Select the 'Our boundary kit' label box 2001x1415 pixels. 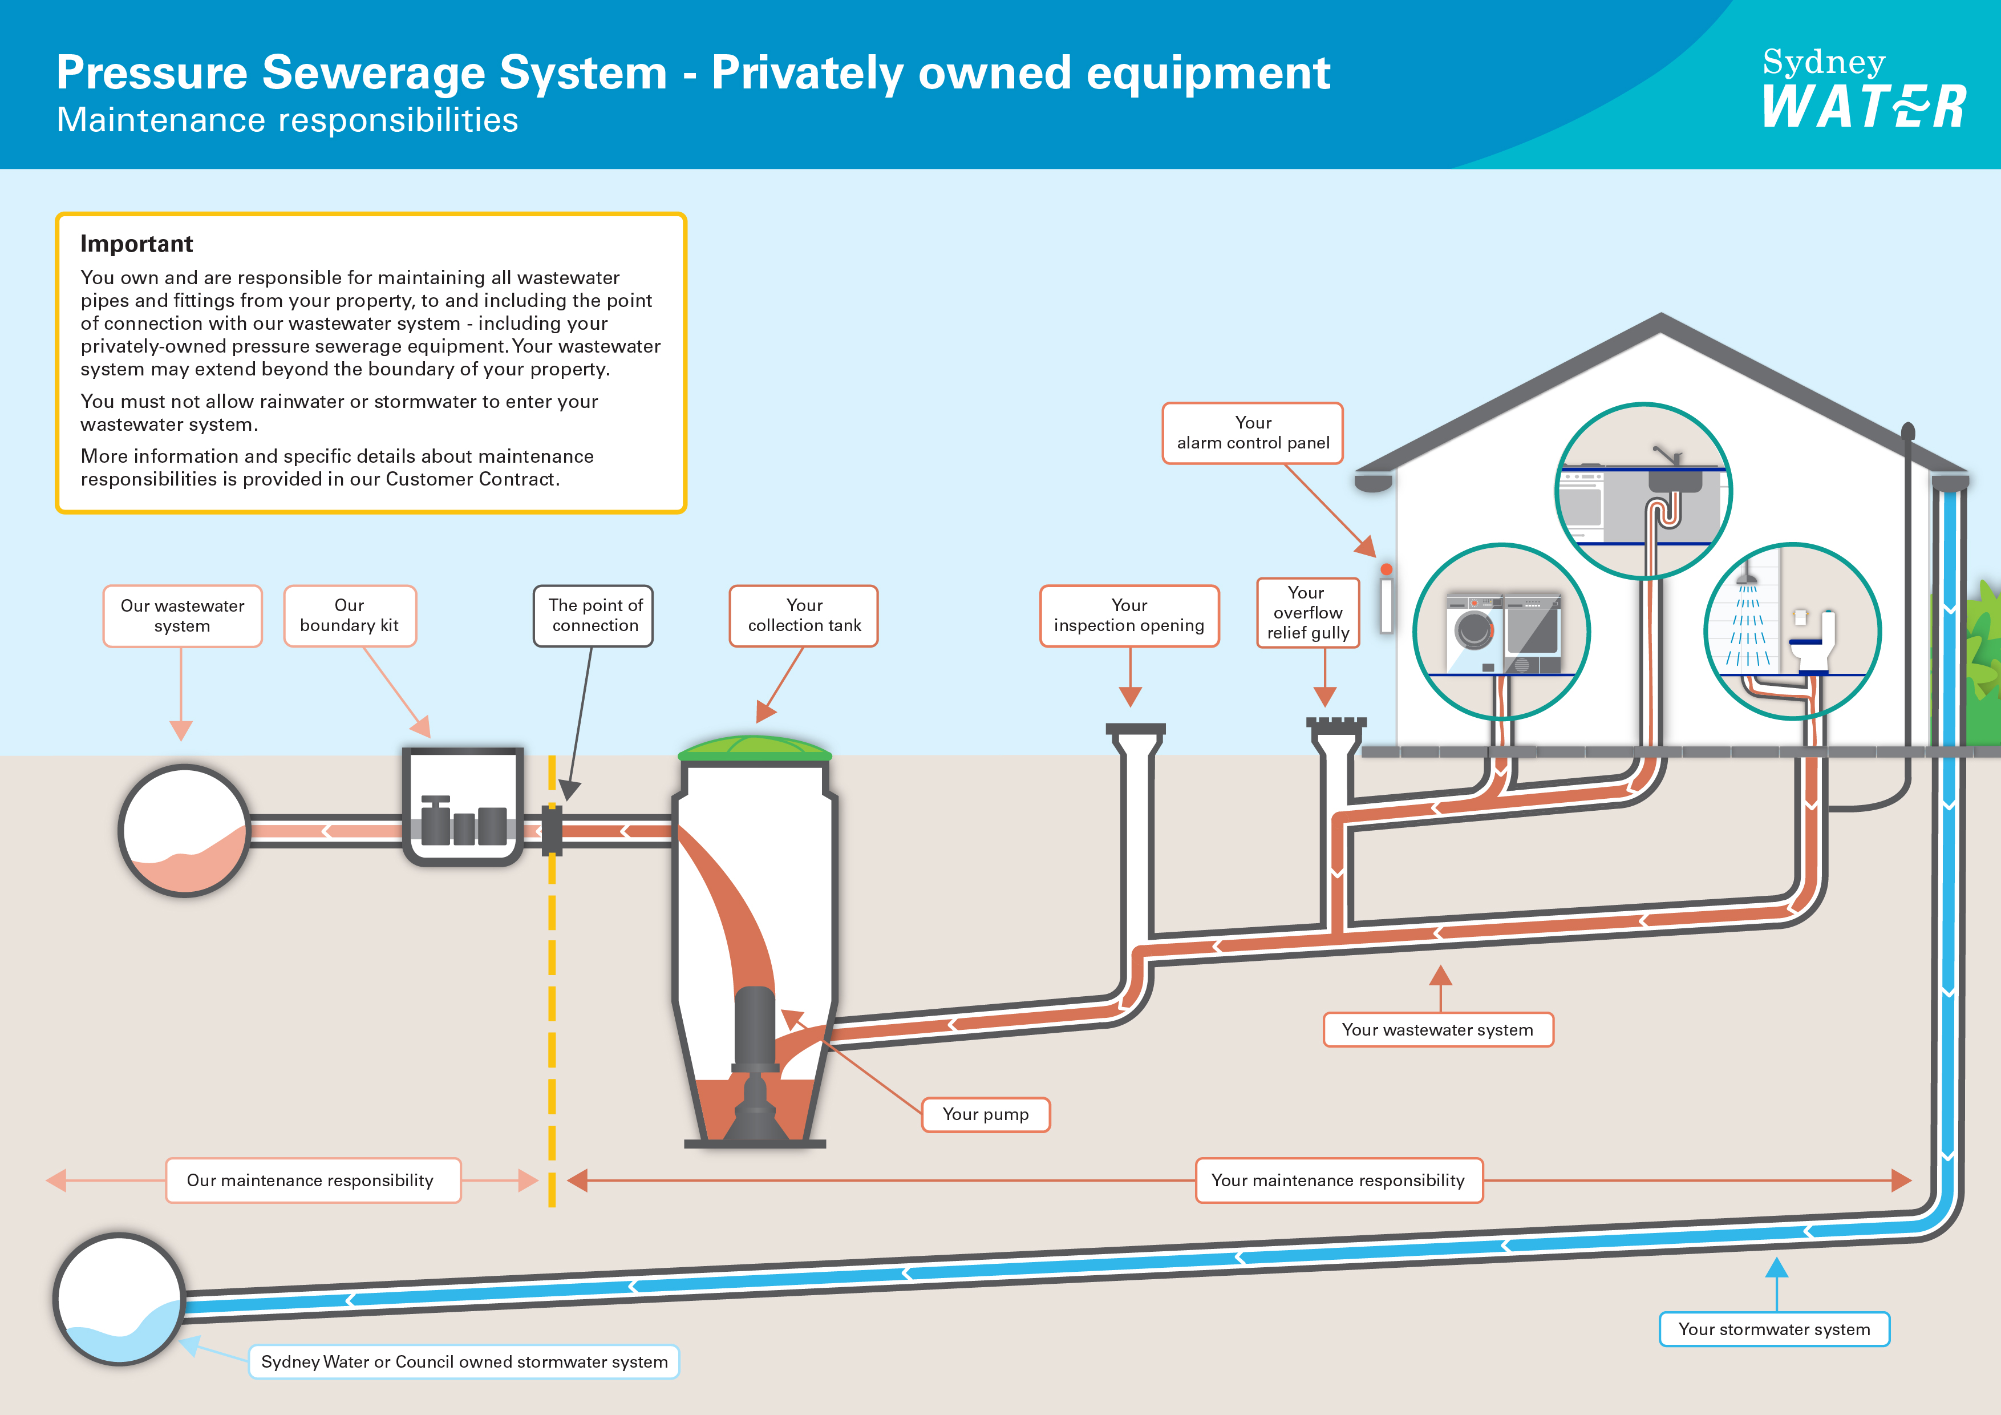[x=350, y=616]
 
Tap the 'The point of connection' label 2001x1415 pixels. [x=593, y=616]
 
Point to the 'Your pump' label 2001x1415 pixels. [x=986, y=1114]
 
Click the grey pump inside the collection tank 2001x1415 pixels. [x=755, y=1060]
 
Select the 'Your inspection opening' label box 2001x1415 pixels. [x=1129, y=616]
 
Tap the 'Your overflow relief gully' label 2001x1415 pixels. [x=1308, y=613]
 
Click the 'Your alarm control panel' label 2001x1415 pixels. [x=1253, y=432]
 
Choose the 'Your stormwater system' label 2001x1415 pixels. [x=1775, y=1329]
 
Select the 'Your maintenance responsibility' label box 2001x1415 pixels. [x=1339, y=1180]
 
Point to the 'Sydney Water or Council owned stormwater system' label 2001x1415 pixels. [x=464, y=1362]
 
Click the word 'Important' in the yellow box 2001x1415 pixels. [x=137, y=244]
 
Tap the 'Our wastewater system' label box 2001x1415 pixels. [x=182, y=616]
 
